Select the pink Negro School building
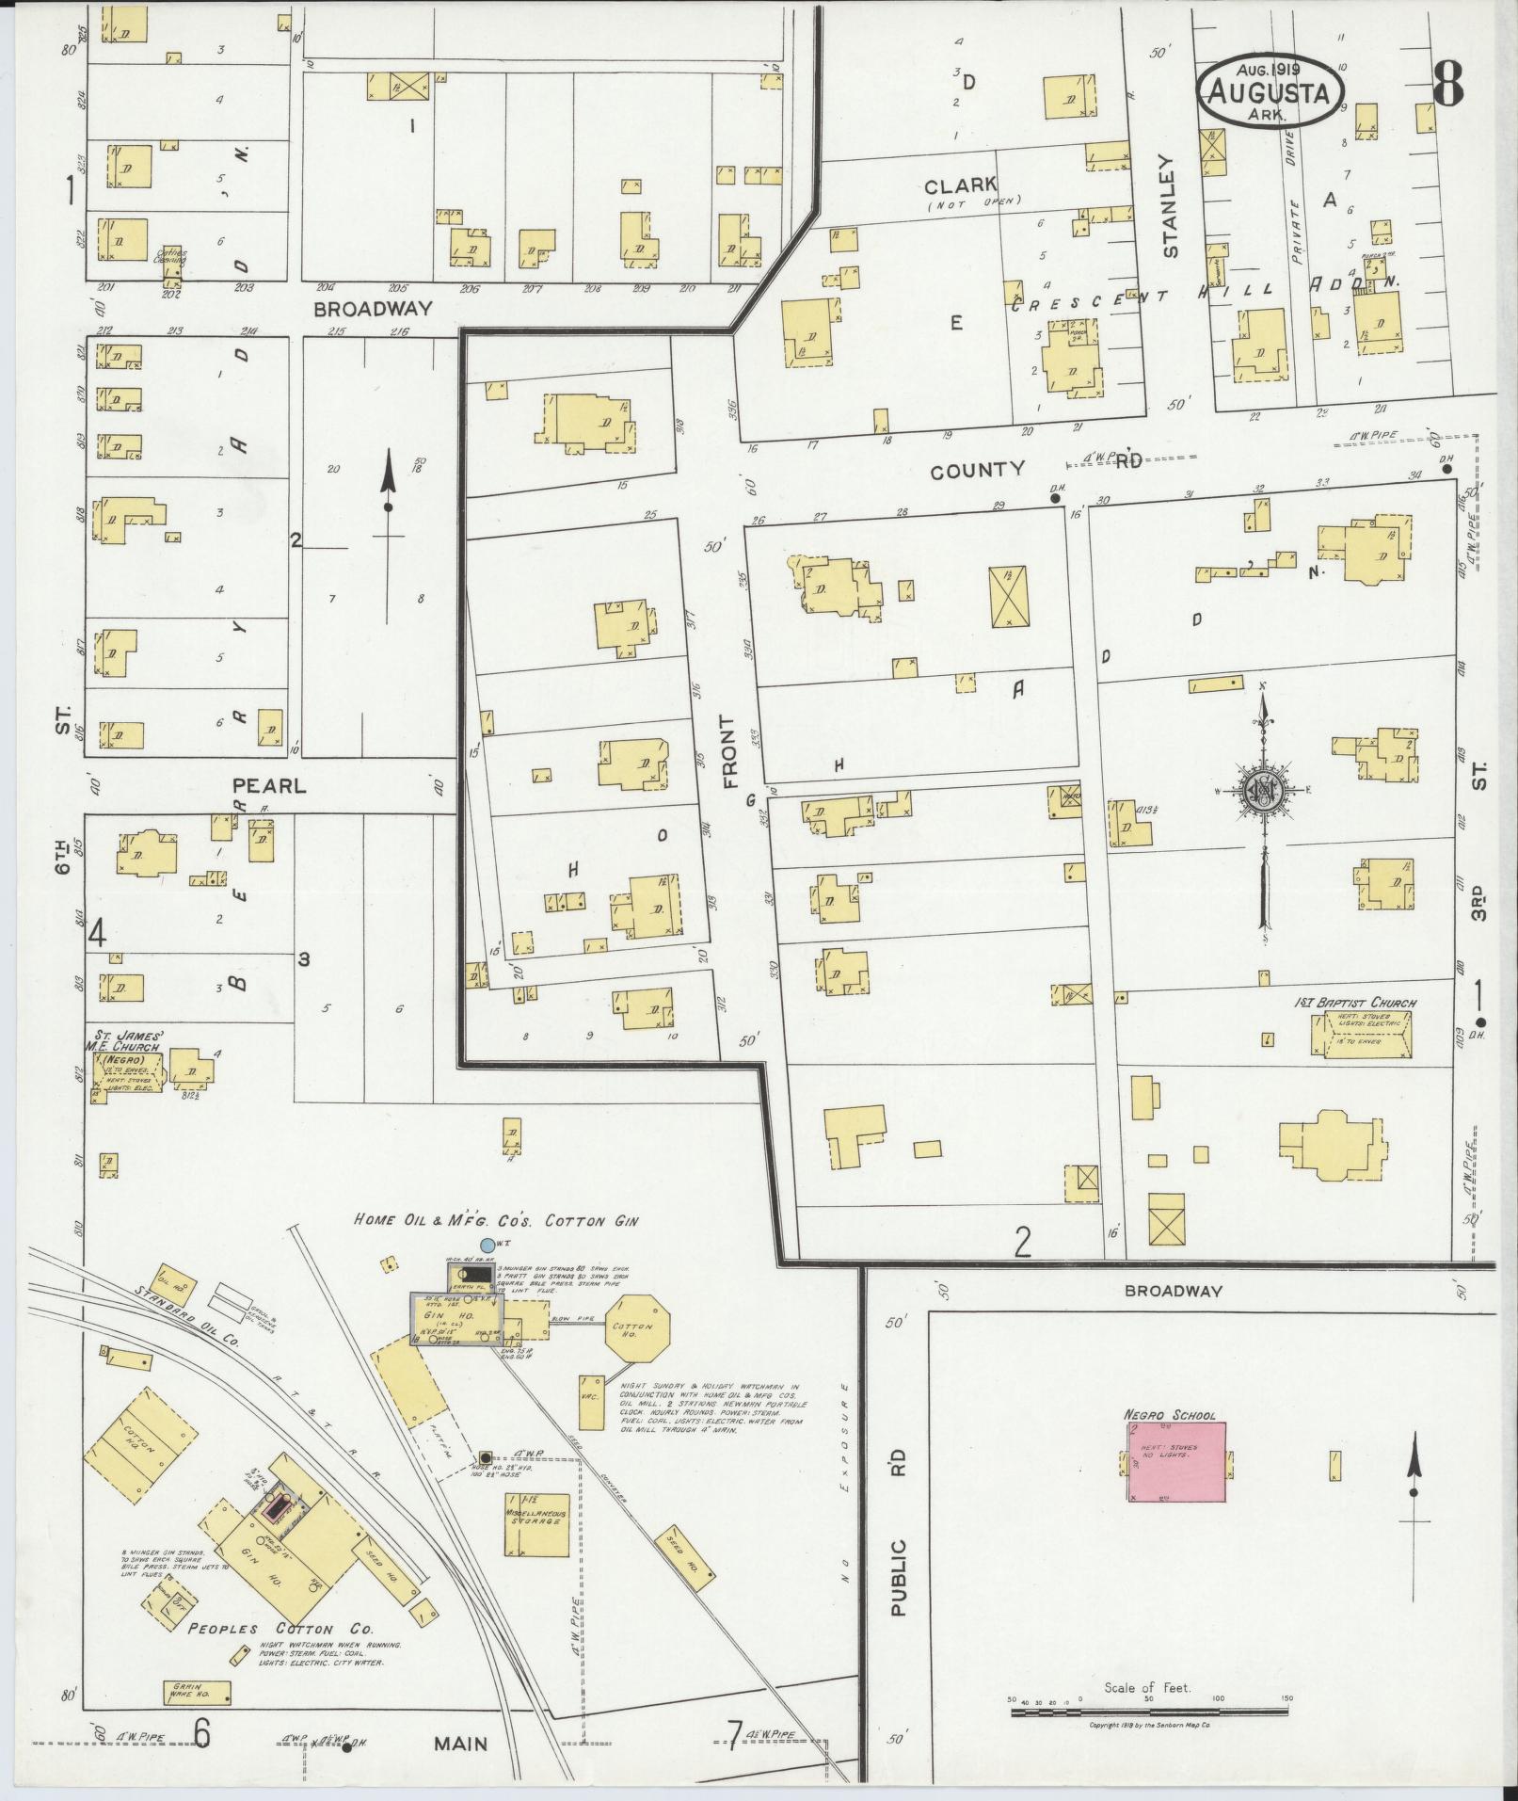coord(1176,1473)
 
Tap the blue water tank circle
coord(487,1245)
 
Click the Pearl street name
coord(269,784)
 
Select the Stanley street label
coord(1170,206)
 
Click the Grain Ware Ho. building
coord(197,1689)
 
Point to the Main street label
coord(461,1743)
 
